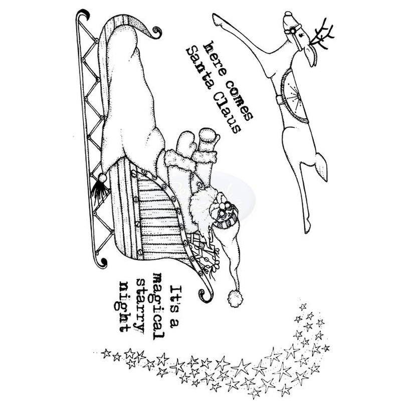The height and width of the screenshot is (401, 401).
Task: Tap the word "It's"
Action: click(175, 293)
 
